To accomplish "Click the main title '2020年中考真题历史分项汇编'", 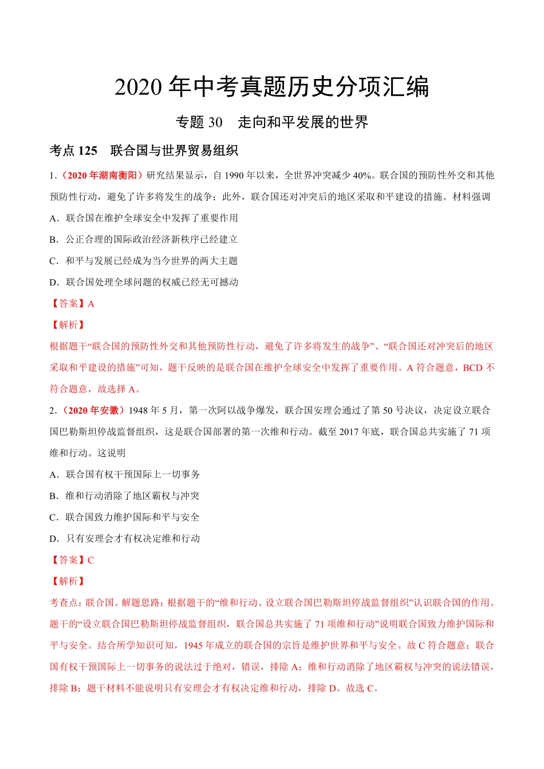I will tap(271, 87).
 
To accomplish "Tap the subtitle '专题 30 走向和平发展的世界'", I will tap(271, 122).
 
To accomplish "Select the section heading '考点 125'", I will tap(73, 151).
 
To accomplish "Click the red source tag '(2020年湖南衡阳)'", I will tap(101, 175).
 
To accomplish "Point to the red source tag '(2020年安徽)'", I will tap(92, 410).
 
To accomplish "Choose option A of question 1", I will tap(144, 218).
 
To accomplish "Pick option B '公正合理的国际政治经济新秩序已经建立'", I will tap(144, 239).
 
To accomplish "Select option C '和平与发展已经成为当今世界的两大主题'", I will tap(144, 261).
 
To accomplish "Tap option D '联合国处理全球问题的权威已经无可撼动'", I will tap(144, 282).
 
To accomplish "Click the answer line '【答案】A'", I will tap(72, 304).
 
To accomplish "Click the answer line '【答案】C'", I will tap(72, 560).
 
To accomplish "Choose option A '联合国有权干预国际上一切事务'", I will tap(125, 474).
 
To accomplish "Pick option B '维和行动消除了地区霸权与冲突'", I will tap(125, 496).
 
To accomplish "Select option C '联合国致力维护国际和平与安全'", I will tap(125, 517).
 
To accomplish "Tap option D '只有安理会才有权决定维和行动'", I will tap(125, 538).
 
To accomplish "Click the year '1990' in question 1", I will tap(234, 175).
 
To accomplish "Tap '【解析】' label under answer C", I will tap(68, 581).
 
